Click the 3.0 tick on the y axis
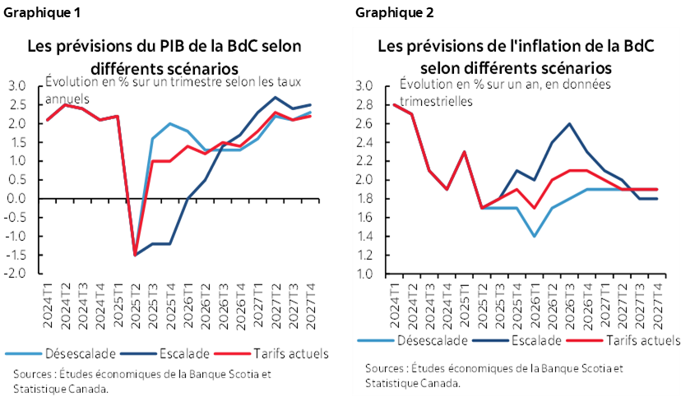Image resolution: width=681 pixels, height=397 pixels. pos(364,86)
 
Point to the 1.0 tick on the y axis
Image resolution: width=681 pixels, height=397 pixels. pos(364,274)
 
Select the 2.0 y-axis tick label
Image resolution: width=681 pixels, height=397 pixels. pos(364,180)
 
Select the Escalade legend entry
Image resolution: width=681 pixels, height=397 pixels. pos(535,339)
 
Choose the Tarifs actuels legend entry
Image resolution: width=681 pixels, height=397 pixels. pos(633,339)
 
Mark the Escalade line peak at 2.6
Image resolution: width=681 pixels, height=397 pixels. pos(569,124)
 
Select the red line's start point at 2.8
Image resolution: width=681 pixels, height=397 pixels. pos(395,105)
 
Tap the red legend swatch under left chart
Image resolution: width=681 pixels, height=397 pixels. pos(232,353)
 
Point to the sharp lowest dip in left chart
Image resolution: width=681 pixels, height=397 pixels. pos(134,255)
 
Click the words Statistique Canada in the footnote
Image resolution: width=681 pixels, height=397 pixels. pos(412,382)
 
